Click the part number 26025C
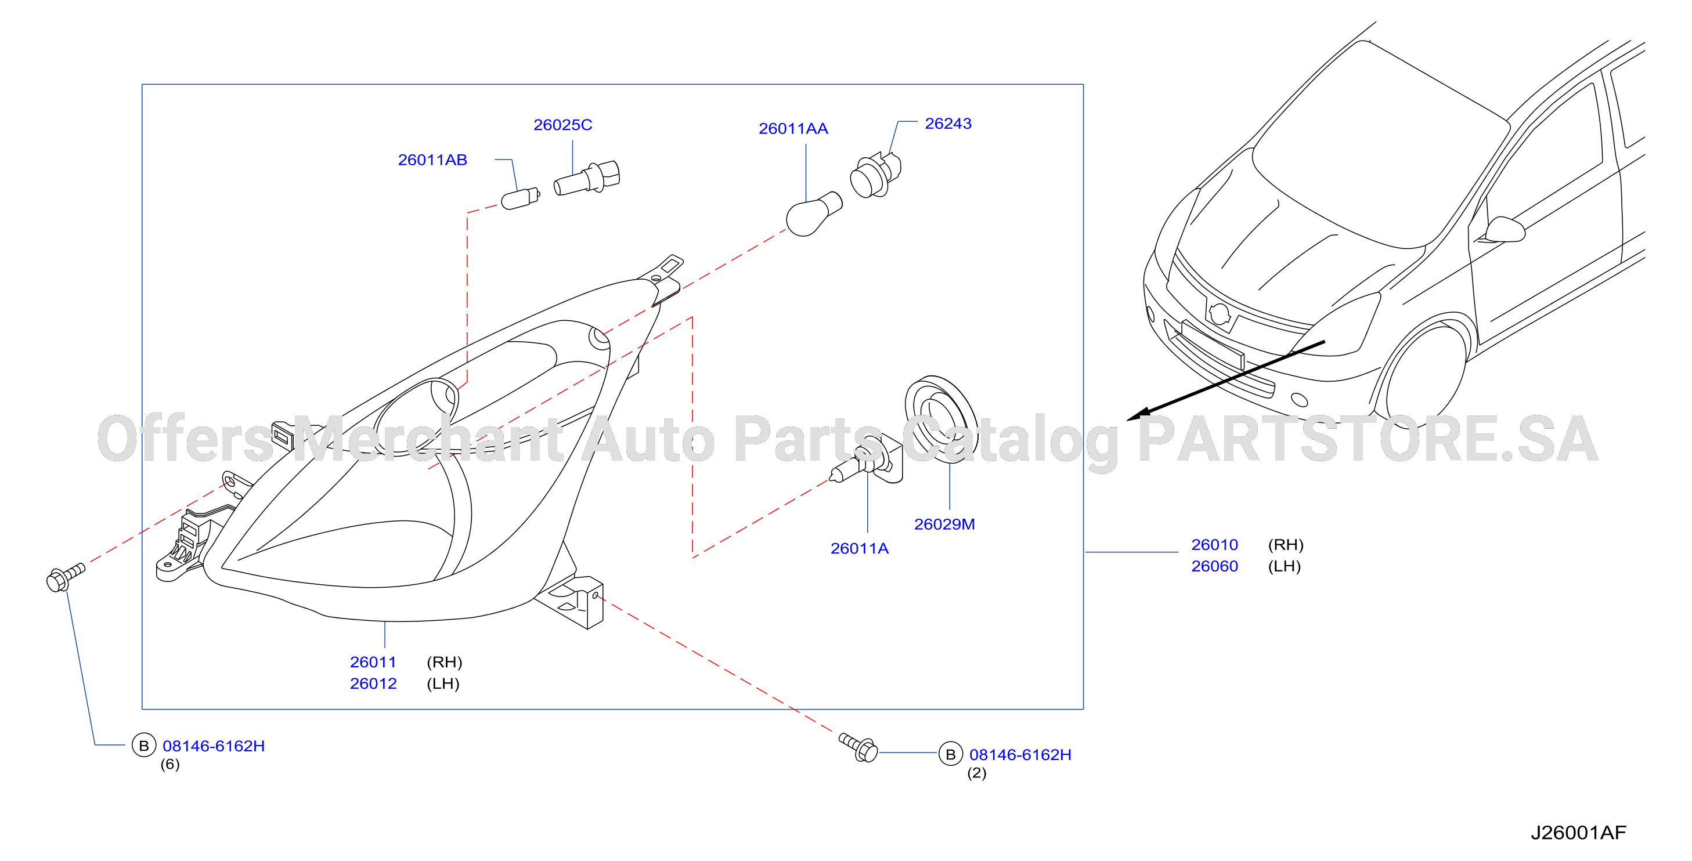(x=562, y=125)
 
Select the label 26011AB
(x=432, y=160)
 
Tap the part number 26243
(x=948, y=124)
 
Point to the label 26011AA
(x=793, y=129)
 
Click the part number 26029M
(x=944, y=524)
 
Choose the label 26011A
(x=859, y=548)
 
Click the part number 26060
(x=1214, y=566)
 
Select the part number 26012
(x=373, y=683)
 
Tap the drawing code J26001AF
(x=1578, y=833)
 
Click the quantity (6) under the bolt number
(x=170, y=764)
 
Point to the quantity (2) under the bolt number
(x=977, y=773)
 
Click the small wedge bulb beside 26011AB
(x=520, y=198)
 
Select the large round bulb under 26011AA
(x=813, y=214)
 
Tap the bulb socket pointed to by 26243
(x=875, y=175)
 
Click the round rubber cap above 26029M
(x=940, y=419)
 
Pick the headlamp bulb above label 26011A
(x=867, y=460)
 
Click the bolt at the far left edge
(x=66, y=577)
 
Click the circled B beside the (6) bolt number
(x=144, y=746)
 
